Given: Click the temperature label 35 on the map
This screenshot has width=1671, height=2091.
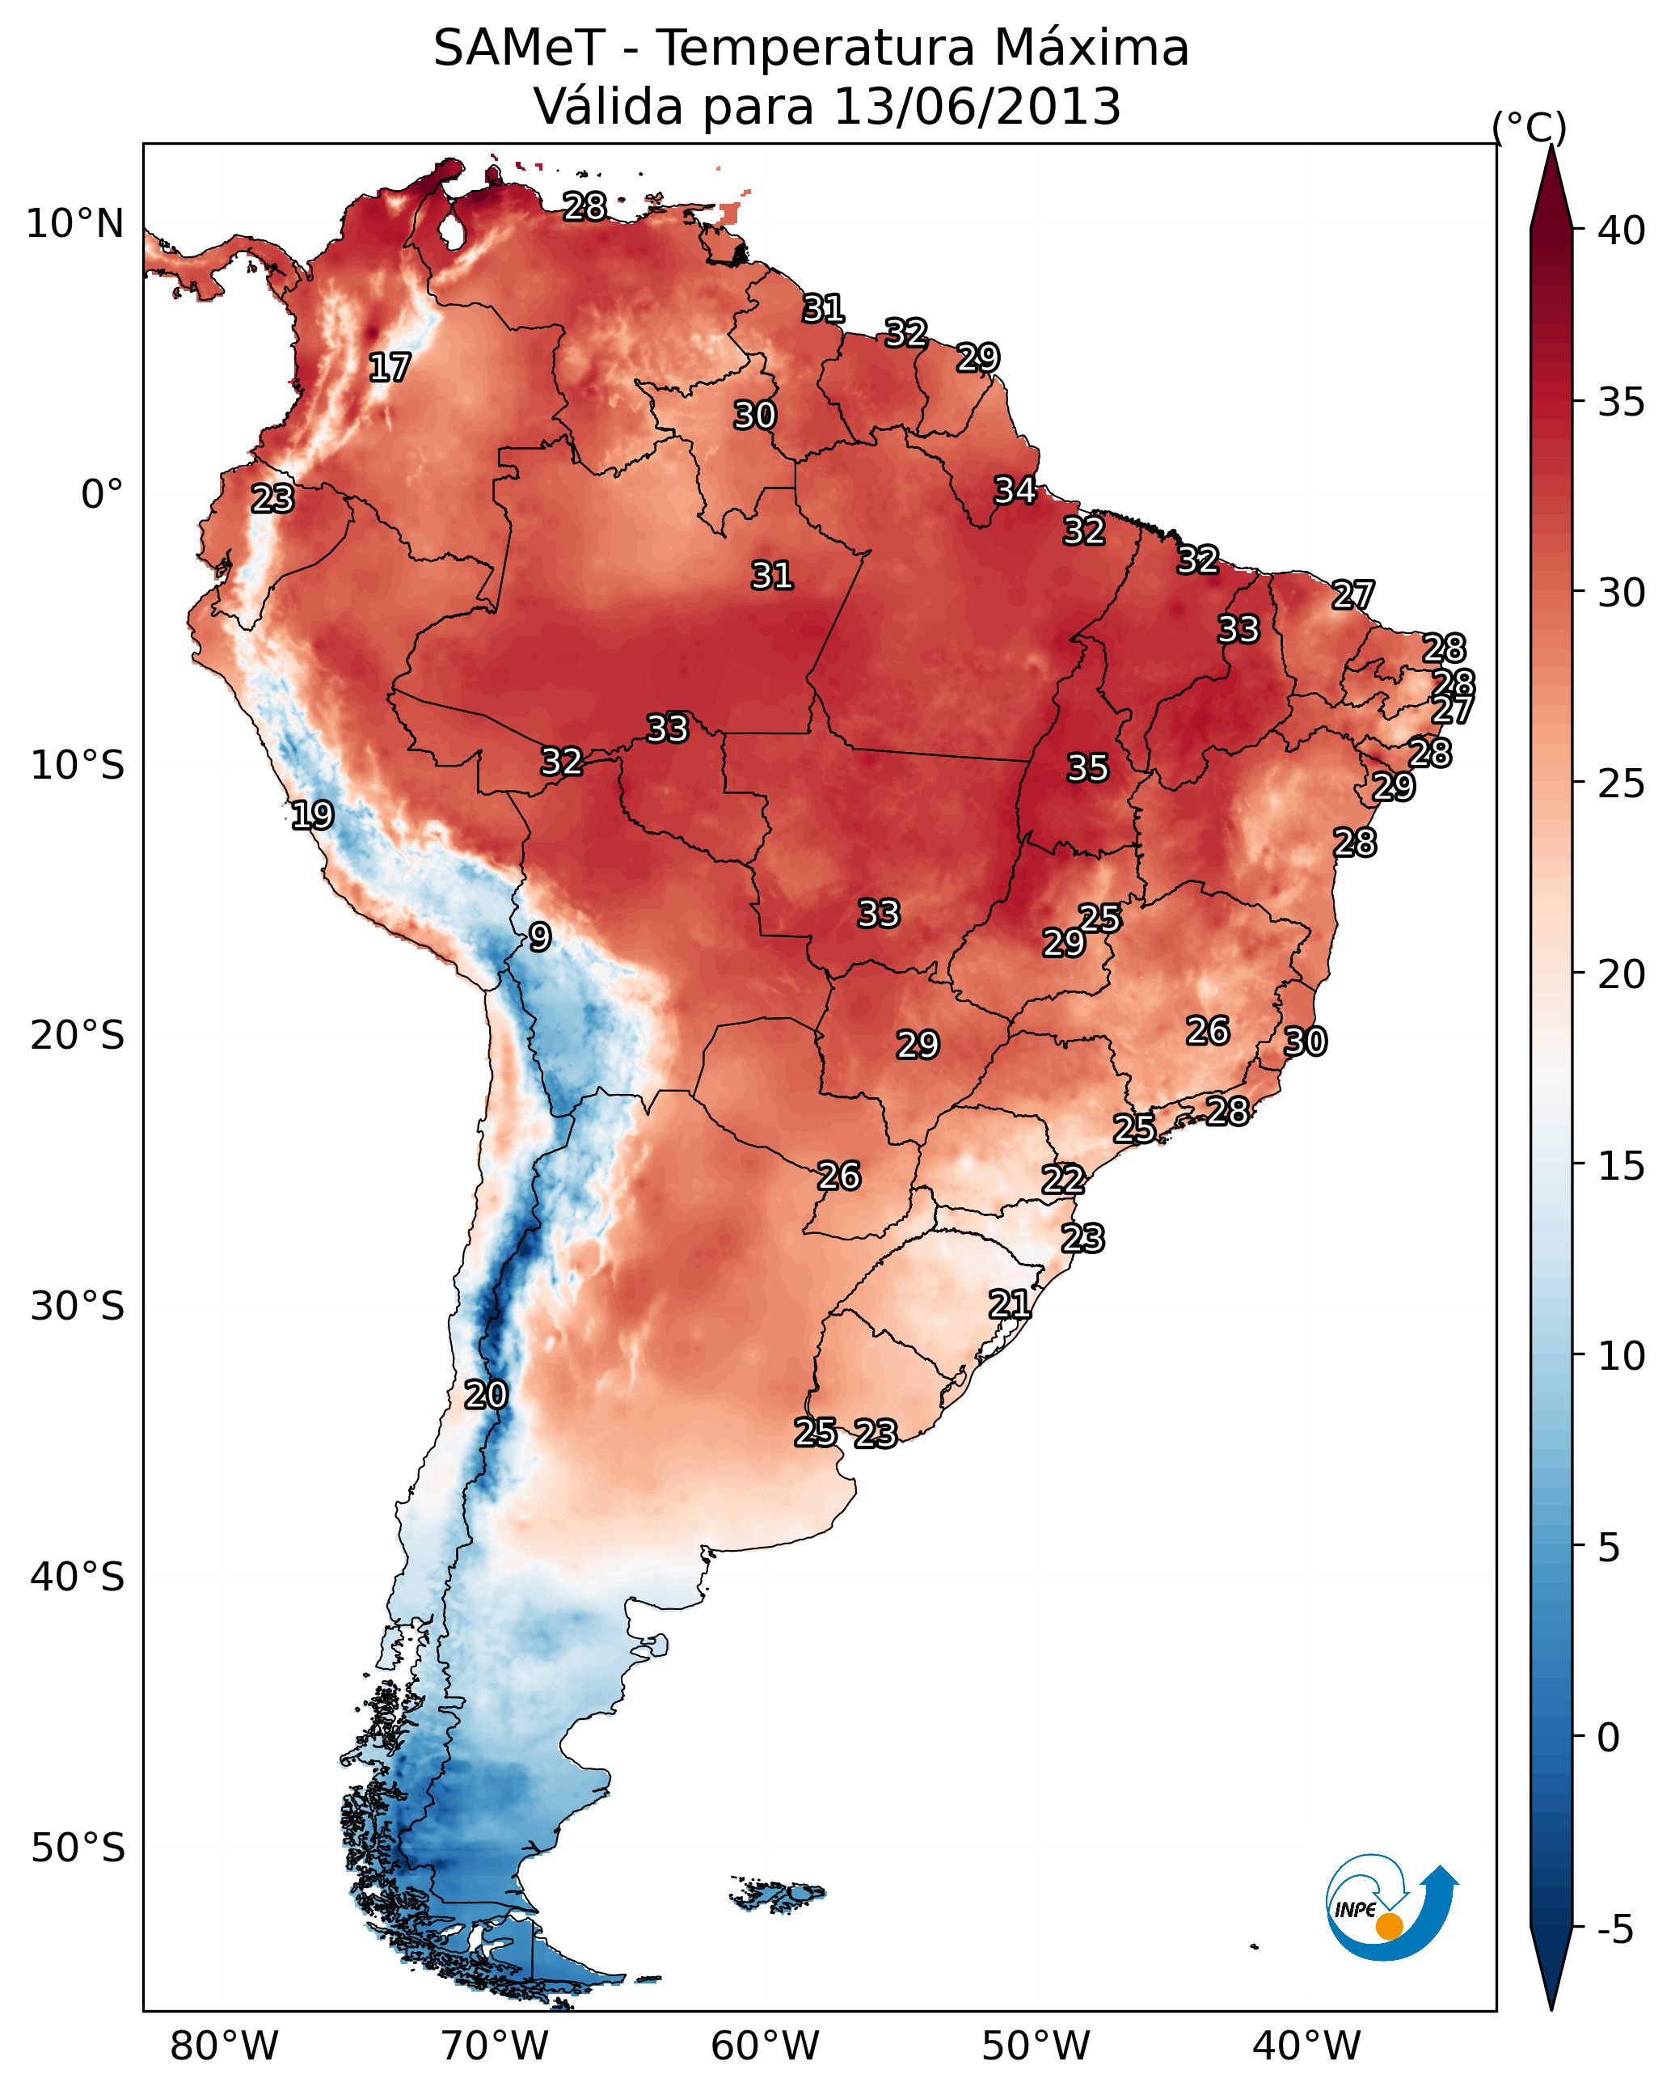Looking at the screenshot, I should (1087, 768).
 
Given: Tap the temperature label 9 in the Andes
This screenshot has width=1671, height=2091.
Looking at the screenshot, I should (540, 937).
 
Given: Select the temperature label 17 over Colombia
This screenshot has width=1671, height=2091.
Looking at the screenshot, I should (390, 368).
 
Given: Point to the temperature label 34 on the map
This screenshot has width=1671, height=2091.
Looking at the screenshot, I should (1015, 491).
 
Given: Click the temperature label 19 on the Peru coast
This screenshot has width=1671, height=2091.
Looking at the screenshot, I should (312, 815).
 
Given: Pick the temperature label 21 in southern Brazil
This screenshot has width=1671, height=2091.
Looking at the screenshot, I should (1010, 1304).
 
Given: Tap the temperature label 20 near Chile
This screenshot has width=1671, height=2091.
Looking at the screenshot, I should (486, 1395).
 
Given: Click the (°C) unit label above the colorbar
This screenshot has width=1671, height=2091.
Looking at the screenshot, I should (1530, 127).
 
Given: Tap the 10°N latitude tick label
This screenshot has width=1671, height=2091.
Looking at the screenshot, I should (74, 224).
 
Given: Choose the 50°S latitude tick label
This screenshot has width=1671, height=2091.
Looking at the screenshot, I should (78, 1848).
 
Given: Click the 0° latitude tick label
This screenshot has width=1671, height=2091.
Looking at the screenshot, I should (102, 495).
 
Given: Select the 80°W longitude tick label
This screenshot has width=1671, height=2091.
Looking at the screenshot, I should (224, 2047).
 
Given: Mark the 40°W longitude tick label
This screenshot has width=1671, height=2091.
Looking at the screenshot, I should (1306, 2047).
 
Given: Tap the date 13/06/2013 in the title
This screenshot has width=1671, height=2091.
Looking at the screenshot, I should (977, 107).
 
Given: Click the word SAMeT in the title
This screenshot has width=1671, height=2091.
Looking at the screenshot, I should (519, 49).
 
